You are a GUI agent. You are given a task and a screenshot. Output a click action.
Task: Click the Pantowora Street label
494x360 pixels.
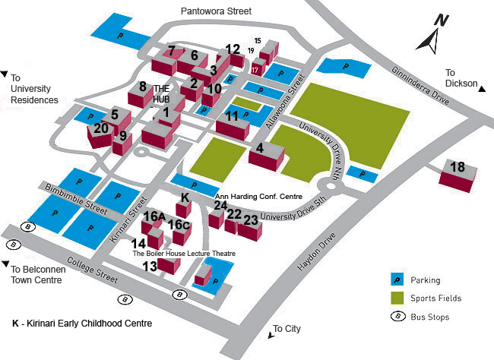point(215,11)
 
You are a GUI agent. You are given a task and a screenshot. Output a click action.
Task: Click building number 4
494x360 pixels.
point(265,154)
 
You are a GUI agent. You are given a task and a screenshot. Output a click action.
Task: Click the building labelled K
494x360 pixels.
point(185,203)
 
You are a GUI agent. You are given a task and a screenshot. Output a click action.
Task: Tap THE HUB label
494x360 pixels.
point(162,93)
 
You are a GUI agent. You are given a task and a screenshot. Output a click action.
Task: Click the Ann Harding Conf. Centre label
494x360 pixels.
point(258,195)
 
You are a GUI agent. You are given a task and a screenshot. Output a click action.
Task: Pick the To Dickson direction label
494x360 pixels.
point(462,83)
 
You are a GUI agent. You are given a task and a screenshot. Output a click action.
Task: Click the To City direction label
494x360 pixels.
point(287,329)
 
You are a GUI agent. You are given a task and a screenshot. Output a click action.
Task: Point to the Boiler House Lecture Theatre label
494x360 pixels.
point(184,254)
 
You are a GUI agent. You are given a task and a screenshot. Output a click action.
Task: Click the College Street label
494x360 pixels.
point(91,270)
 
